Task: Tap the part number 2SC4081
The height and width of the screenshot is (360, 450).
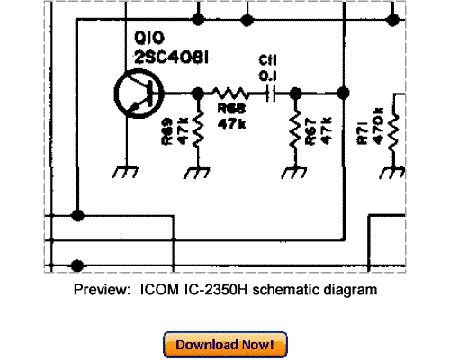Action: point(171,58)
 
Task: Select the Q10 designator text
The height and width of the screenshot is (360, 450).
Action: point(147,40)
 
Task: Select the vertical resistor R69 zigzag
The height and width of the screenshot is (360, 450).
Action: point(197,131)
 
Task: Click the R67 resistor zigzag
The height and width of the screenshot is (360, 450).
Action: point(293,131)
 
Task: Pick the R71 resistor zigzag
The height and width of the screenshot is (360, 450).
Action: point(393,131)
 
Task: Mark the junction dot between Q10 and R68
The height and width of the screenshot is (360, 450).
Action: point(197,92)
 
